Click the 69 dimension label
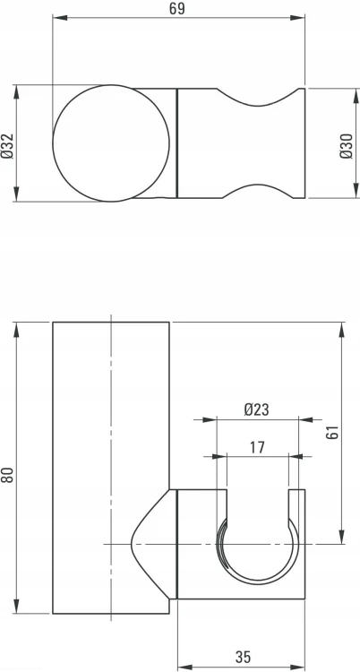click(x=177, y=8)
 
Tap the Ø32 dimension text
click(x=8, y=146)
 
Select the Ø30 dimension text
click(x=347, y=146)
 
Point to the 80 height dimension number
click(x=8, y=475)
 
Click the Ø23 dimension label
click(x=256, y=409)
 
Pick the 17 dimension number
click(x=257, y=447)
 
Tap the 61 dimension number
click(x=332, y=433)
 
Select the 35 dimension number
click(x=243, y=657)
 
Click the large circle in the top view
click(x=111, y=85)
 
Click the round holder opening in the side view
click(x=257, y=584)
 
